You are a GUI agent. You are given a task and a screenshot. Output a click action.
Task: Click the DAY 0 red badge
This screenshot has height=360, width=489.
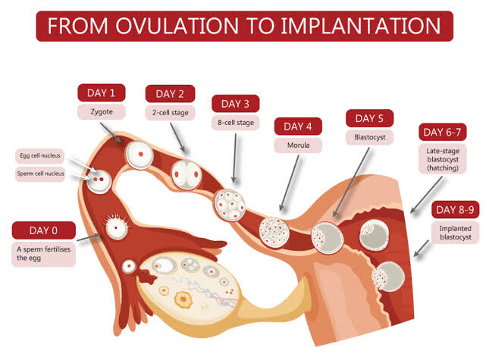pyautogui.click(x=44, y=230)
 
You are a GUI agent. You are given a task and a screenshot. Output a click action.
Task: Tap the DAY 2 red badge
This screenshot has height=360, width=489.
pyautogui.click(x=170, y=94)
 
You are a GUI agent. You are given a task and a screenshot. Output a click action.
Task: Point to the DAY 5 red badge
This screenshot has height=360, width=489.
pyautogui.click(x=370, y=119)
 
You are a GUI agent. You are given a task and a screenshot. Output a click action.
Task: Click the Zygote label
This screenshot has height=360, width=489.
pyautogui.click(x=102, y=111)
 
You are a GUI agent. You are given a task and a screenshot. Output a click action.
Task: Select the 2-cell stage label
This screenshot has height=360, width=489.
pyautogui.click(x=170, y=112)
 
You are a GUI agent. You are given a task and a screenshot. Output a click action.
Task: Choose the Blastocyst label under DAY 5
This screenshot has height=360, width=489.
pyautogui.click(x=370, y=138)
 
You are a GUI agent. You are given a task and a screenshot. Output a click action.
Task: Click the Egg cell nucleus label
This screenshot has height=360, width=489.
pyautogui.click(x=41, y=155)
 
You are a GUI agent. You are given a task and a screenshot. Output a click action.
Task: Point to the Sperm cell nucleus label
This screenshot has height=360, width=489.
pyautogui.click(x=41, y=173)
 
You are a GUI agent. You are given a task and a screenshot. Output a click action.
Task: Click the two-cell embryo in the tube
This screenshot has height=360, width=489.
pyautogui.click(x=185, y=172)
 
